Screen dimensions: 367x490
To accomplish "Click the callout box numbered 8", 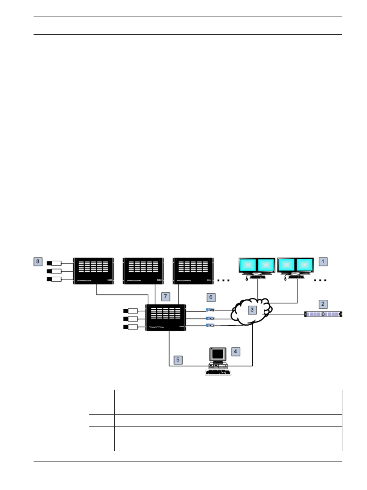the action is coord(38,262).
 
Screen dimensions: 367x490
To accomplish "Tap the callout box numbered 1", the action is coord(323,262).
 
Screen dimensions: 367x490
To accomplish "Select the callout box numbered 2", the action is coord(323,304).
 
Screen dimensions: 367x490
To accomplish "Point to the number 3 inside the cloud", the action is coord(252,310).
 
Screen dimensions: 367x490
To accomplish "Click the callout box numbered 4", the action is coord(235,351).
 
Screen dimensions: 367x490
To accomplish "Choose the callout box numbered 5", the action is coord(178,360).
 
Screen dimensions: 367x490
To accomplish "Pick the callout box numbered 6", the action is coord(211,297).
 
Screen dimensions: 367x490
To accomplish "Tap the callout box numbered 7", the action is coord(165,297).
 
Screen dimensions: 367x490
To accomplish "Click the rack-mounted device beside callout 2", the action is coord(323,314).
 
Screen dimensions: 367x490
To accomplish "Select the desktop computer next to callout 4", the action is coord(218,361).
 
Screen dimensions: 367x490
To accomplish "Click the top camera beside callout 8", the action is coord(54,263).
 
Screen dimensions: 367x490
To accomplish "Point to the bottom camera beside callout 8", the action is coord(54,279).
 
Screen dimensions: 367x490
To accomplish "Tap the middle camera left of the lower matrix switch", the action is coord(130,319).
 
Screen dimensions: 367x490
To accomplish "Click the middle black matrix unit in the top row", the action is coord(143,271).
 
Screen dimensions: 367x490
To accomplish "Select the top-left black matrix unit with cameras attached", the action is coord(93,271).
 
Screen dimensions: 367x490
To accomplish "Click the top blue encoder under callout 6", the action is coord(210,310).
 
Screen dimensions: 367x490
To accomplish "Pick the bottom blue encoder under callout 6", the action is coord(210,325).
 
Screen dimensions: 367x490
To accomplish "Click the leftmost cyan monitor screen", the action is coord(248,265).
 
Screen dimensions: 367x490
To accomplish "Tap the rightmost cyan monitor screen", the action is coord(305,265).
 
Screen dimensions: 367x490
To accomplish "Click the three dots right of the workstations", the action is coord(320,280).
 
